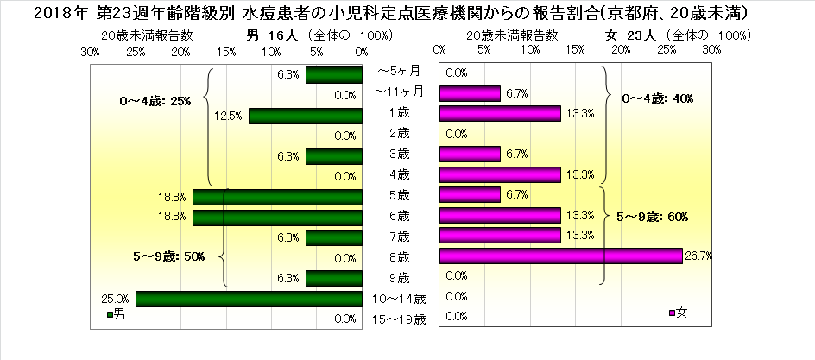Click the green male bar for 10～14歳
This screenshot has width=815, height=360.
[x=249, y=299]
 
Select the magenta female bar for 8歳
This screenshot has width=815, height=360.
[x=560, y=256]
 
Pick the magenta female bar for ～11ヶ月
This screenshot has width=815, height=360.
[x=470, y=93]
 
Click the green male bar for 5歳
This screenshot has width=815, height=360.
[x=277, y=197]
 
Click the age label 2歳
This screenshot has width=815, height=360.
[x=398, y=134]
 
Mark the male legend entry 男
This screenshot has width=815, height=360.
[x=115, y=316]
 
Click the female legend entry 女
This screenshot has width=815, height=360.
[x=678, y=311]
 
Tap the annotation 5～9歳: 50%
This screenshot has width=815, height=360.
[x=167, y=256]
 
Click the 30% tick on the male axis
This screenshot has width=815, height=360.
[x=90, y=51]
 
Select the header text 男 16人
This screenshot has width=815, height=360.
[x=271, y=35]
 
